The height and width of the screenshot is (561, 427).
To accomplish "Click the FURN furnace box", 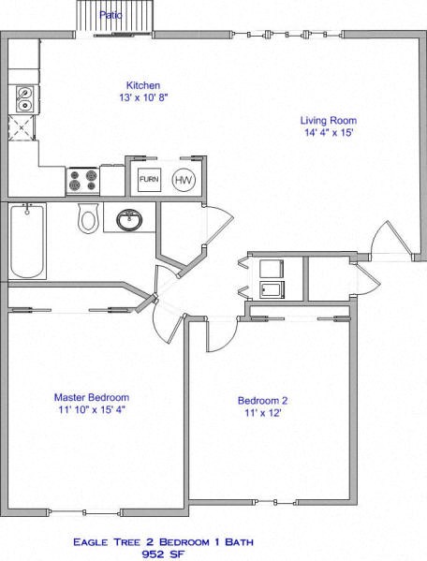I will click(149, 179).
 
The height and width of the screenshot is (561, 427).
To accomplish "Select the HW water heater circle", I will click(184, 179).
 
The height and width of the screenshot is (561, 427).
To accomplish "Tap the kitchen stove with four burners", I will click(82, 179).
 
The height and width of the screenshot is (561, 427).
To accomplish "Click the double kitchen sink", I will click(22, 96).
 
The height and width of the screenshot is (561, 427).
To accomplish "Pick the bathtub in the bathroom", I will click(27, 243).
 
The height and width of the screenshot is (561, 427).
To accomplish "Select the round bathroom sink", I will click(128, 221).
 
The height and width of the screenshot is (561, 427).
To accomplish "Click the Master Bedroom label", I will click(91, 396).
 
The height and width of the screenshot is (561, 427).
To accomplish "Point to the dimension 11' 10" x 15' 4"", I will click(91, 409).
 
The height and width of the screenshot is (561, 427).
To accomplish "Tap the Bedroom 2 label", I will click(263, 401).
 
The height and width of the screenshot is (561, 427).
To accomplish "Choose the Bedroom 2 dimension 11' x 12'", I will click(263, 414).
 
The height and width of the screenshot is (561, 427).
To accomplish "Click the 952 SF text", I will click(213, 554).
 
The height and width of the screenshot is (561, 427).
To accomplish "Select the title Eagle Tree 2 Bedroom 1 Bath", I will click(213, 541).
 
